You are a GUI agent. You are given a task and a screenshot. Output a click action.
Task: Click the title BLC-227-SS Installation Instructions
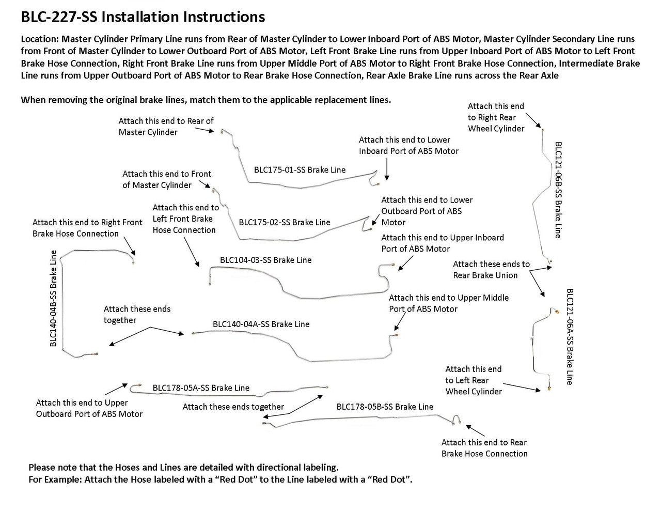pyautogui.click(x=143, y=17)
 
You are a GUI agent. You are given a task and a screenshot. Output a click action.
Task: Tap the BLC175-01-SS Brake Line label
pyautogui.click(x=300, y=169)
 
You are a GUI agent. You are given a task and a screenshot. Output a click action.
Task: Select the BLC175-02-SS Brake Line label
pyautogui.click(x=285, y=222)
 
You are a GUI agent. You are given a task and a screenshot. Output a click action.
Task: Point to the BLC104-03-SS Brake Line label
pyautogui.click(x=265, y=260)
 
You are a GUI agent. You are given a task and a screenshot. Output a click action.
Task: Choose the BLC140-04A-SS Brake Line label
pyautogui.click(x=261, y=324)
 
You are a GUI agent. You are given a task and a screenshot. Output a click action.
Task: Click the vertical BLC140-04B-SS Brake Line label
pyautogui.click(x=53, y=298)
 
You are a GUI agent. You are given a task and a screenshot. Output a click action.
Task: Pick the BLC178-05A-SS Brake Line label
pyautogui.click(x=201, y=388)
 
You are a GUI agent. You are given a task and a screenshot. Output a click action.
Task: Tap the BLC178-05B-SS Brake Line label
pyautogui.click(x=385, y=407)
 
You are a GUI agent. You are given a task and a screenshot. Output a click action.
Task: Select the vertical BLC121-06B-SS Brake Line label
pyautogui.click(x=557, y=190)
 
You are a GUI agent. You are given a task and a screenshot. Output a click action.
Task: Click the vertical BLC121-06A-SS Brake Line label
pyautogui.click(x=570, y=336)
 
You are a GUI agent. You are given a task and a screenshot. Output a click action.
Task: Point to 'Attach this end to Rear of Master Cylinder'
pyautogui.click(x=166, y=127)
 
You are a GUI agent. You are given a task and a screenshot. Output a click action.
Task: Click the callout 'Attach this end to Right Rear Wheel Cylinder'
pyautogui.click(x=496, y=117)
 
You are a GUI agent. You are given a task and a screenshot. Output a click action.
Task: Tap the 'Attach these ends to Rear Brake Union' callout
pyautogui.click(x=491, y=270)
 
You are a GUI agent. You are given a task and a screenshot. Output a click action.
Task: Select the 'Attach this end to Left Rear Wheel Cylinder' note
pyautogui.click(x=474, y=380)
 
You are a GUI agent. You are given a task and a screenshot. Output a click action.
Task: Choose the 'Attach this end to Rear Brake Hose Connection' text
pyautogui.click(x=484, y=448)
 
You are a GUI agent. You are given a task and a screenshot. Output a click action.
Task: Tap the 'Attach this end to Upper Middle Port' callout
pyautogui.click(x=448, y=303)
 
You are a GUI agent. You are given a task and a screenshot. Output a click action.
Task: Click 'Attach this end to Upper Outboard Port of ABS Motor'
pyautogui.click(x=89, y=408)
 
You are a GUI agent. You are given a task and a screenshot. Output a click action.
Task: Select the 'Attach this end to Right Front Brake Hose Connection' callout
pyautogui.click(x=87, y=228)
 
